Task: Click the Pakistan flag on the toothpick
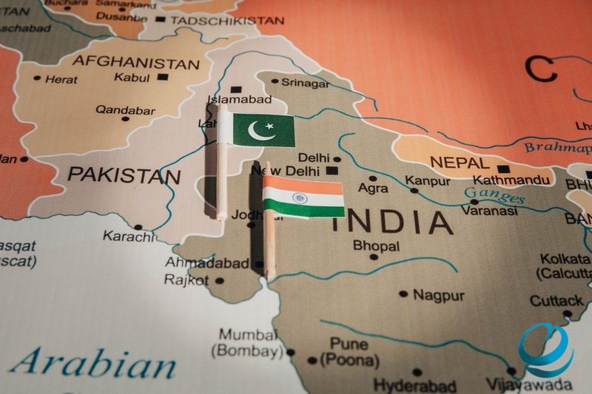click(x=263, y=131)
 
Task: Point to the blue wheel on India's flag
click(x=299, y=198)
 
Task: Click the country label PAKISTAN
click(x=124, y=176)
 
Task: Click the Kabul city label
click(x=132, y=77)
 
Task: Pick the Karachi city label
click(x=128, y=237)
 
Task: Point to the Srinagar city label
click(x=305, y=84)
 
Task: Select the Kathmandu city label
click(x=512, y=180)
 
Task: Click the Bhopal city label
click(x=376, y=245)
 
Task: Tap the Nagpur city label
click(x=439, y=295)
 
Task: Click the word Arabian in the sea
click(x=93, y=364)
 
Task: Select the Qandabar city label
click(x=125, y=111)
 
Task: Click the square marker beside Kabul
click(x=163, y=77)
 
